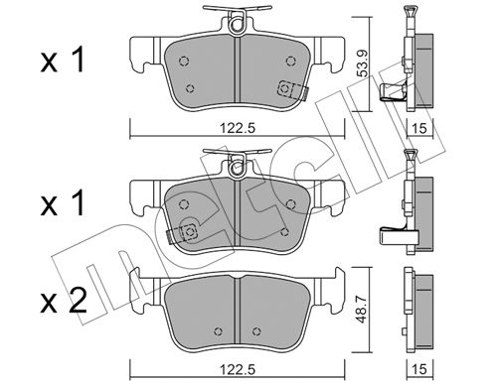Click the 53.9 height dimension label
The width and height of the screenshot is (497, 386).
click(363, 63)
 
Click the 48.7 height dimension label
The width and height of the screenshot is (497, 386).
click(363, 310)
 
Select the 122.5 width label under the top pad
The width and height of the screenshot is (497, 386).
click(238, 128)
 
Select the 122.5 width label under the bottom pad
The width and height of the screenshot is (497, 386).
click(238, 369)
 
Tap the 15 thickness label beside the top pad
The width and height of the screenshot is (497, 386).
click(419, 128)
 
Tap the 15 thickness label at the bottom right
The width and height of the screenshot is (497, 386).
click(419, 369)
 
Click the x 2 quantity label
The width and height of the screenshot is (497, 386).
click(64, 302)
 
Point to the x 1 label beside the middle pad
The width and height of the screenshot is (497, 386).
click(63, 204)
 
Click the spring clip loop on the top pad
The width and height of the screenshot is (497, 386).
click(237, 25)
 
